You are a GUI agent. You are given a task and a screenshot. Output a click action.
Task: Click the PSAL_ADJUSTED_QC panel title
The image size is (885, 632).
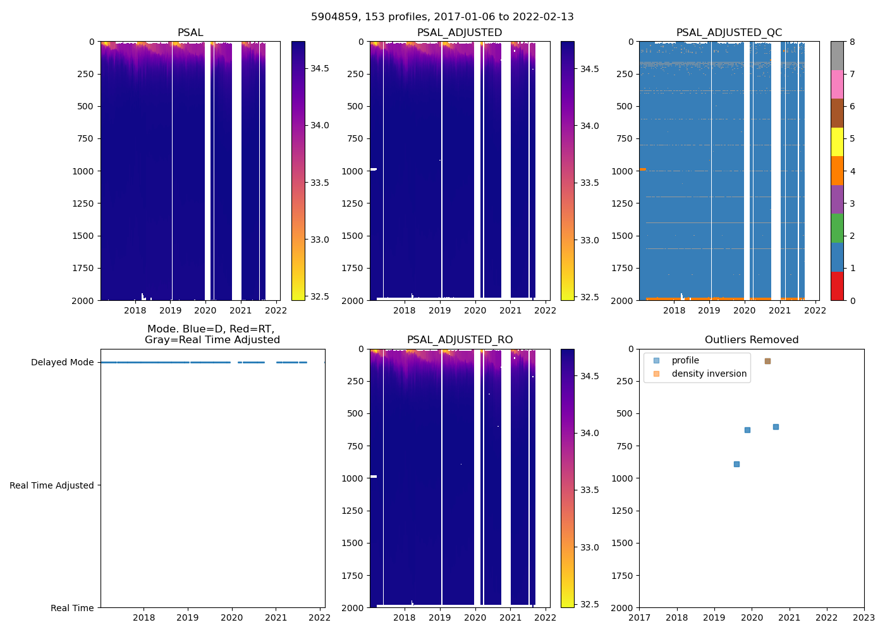tap(729, 33)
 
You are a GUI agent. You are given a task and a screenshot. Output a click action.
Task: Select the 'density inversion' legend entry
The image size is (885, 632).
tap(709, 374)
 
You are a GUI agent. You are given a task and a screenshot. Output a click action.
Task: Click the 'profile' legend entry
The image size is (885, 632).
tap(685, 360)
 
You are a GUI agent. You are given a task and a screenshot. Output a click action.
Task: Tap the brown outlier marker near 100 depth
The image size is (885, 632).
tap(767, 361)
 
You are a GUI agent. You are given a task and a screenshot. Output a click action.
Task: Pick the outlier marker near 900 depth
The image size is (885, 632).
tap(736, 464)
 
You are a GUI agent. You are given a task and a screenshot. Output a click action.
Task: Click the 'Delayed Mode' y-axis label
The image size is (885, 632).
tap(62, 362)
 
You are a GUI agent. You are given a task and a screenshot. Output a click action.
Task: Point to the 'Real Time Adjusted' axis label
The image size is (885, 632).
tap(52, 485)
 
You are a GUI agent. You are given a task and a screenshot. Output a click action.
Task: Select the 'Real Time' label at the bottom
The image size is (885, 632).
tap(72, 608)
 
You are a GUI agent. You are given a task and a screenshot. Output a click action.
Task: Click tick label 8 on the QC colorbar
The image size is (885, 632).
tap(852, 42)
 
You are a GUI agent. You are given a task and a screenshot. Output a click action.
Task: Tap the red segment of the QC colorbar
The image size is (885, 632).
tap(837, 286)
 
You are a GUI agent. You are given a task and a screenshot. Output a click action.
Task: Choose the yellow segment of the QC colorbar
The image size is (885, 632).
tap(837, 142)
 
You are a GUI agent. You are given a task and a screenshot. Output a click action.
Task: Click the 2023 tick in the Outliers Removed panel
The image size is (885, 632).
tap(864, 617)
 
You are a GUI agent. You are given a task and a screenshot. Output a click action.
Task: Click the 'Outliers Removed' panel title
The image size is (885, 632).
tap(751, 340)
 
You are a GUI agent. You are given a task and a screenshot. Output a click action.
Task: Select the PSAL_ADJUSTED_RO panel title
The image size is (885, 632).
tap(460, 340)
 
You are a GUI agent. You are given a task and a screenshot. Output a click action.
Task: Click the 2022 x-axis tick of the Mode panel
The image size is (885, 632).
tap(319, 617)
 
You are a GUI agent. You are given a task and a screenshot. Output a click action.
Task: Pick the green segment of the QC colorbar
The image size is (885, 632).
tap(837, 228)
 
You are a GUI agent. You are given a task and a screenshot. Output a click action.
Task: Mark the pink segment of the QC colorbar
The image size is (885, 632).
tap(837, 85)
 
